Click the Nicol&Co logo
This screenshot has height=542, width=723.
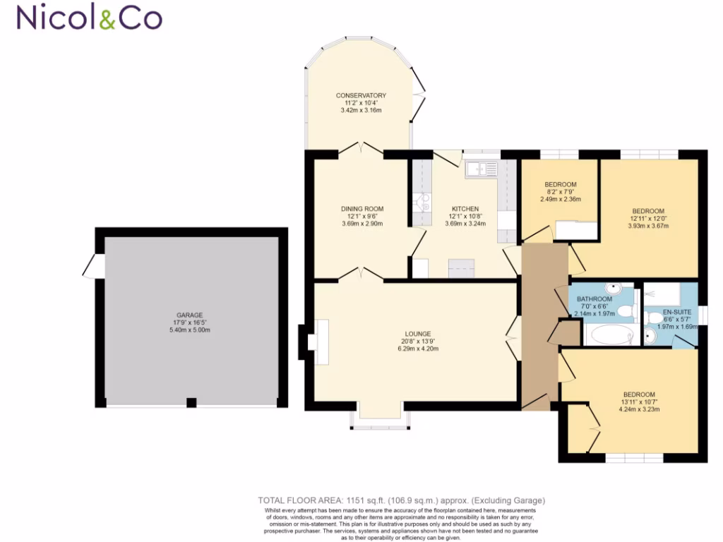point(89,18)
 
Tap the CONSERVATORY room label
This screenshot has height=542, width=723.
point(361,95)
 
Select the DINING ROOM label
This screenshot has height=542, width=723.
point(362,208)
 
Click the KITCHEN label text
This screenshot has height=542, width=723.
point(466,209)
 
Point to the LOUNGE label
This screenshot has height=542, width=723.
point(418,334)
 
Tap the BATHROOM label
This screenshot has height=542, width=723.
point(592,299)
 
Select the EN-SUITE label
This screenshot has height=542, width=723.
point(676,311)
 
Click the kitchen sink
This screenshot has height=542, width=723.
point(482,169)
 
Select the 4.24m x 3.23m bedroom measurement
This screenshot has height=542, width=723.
point(638,409)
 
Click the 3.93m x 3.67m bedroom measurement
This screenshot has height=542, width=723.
point(647,226)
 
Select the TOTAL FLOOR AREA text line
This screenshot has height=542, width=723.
point(402,500)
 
